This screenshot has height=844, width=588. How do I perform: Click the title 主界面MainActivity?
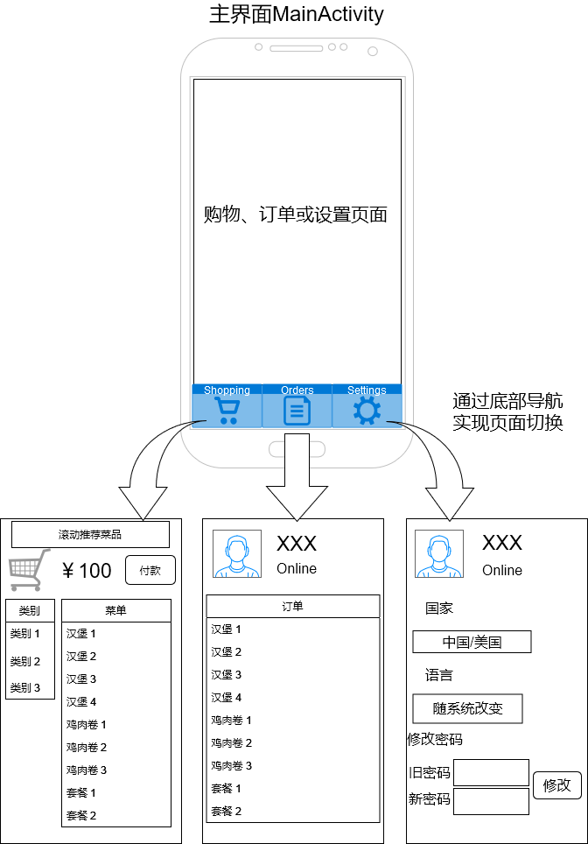297,15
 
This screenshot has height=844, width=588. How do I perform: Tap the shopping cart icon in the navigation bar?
227,411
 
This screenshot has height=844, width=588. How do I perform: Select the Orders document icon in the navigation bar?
297,410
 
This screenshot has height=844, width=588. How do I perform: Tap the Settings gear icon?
367,410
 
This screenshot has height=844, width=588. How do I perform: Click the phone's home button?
297,449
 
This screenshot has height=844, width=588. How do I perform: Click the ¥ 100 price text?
87,571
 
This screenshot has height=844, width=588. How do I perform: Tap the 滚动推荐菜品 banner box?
90,534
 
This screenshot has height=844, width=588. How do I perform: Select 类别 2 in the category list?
25,661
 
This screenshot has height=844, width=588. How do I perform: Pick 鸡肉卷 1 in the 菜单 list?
87,724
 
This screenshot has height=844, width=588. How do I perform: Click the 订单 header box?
293,606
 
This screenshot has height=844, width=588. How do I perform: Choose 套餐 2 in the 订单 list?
226,811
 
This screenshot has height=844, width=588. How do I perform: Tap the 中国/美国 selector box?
472,642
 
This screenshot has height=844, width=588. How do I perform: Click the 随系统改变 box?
467,708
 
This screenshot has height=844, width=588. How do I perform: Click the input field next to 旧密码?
491,772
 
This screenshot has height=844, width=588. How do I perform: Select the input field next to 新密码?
491,800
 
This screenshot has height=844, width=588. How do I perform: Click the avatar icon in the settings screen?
439,553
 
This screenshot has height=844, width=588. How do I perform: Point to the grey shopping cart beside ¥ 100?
24,570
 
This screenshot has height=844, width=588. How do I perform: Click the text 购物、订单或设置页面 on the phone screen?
296,215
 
